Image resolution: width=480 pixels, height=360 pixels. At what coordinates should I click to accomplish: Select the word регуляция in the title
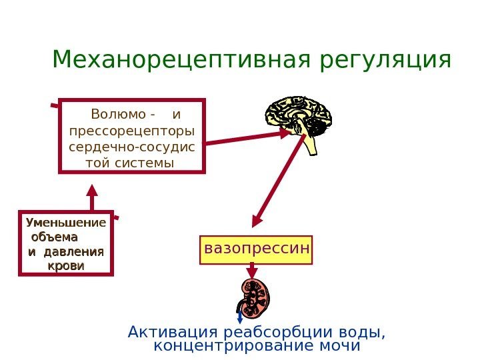[x=386, y=61]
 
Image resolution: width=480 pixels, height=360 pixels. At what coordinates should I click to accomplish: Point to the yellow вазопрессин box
[x=257, y=249]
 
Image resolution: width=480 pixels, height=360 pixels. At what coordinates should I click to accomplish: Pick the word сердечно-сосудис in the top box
[x=132, y=146]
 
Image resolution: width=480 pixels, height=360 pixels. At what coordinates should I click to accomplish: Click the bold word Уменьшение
[x=65, y=222]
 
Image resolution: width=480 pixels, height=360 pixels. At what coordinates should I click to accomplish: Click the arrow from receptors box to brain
[x=247, y=137]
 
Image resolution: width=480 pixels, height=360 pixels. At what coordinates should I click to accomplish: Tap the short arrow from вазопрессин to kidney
[x=252, y=270]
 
